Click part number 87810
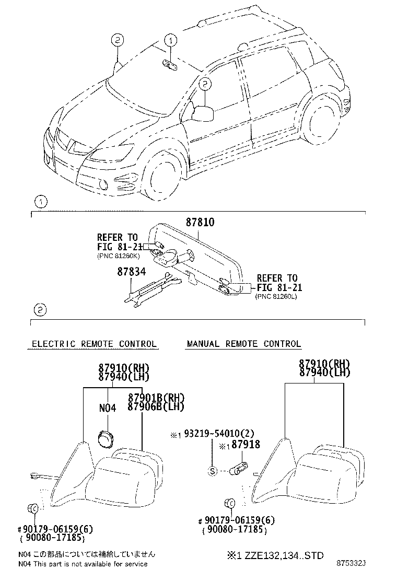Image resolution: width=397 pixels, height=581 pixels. point(200,222)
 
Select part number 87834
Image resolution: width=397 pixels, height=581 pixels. point(132,272)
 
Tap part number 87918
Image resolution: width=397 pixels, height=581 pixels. point(246,444)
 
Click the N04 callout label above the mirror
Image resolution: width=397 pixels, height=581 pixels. point(108,408)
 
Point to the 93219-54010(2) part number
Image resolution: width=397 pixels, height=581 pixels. point(219,433)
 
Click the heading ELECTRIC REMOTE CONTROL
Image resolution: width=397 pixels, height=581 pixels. point(94,344)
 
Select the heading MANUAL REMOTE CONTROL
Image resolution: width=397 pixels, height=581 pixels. point(244,344)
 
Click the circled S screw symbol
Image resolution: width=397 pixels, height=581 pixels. point(212,471)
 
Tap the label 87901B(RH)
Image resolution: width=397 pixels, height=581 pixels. point(156,398)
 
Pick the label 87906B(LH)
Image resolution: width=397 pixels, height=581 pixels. point(156,406)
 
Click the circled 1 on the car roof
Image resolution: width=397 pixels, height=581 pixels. point(171,40)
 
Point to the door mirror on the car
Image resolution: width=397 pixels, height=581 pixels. point(203,113)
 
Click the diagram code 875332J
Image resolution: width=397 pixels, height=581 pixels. point(351,564)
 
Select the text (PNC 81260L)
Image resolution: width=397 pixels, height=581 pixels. point(276,296)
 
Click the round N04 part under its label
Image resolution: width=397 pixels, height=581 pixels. point(106,438)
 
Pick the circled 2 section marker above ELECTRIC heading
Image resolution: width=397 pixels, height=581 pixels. point(40,310)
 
